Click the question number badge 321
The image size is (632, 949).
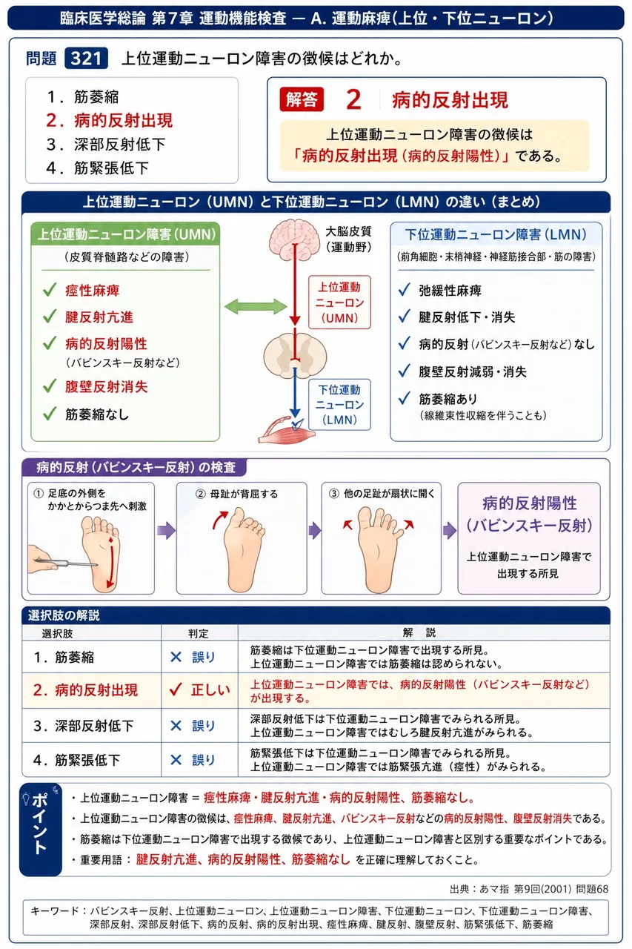(x=86, y=59)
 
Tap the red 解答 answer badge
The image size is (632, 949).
(x=302, y=99)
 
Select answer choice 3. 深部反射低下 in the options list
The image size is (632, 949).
(x=106, y=144)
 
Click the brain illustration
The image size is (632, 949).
(x=294, y=239)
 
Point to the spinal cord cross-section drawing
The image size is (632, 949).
(x=295, y=355)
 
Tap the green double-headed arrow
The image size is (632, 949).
(x=256, y=306)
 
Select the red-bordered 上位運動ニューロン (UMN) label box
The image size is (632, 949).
(x=339, y=302)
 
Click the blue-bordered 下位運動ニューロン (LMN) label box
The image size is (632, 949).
(x=339, y=405)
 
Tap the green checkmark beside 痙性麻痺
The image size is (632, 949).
(x=50, y=290)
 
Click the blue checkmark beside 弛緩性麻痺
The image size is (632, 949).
(x=405, y=290)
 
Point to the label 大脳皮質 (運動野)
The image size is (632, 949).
(x=348, y=239)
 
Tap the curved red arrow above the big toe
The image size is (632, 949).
(x=220, y=520)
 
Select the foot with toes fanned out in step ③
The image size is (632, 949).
(x=379, y=550)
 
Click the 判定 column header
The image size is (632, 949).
(x=198, y=633)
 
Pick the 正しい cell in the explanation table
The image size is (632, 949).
(x=199, y=690)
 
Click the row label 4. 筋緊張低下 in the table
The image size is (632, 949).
(x=76, y=760)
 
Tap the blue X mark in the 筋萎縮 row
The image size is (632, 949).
(x=176, y=657)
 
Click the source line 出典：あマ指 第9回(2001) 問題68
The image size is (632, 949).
(x=529, y=888)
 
